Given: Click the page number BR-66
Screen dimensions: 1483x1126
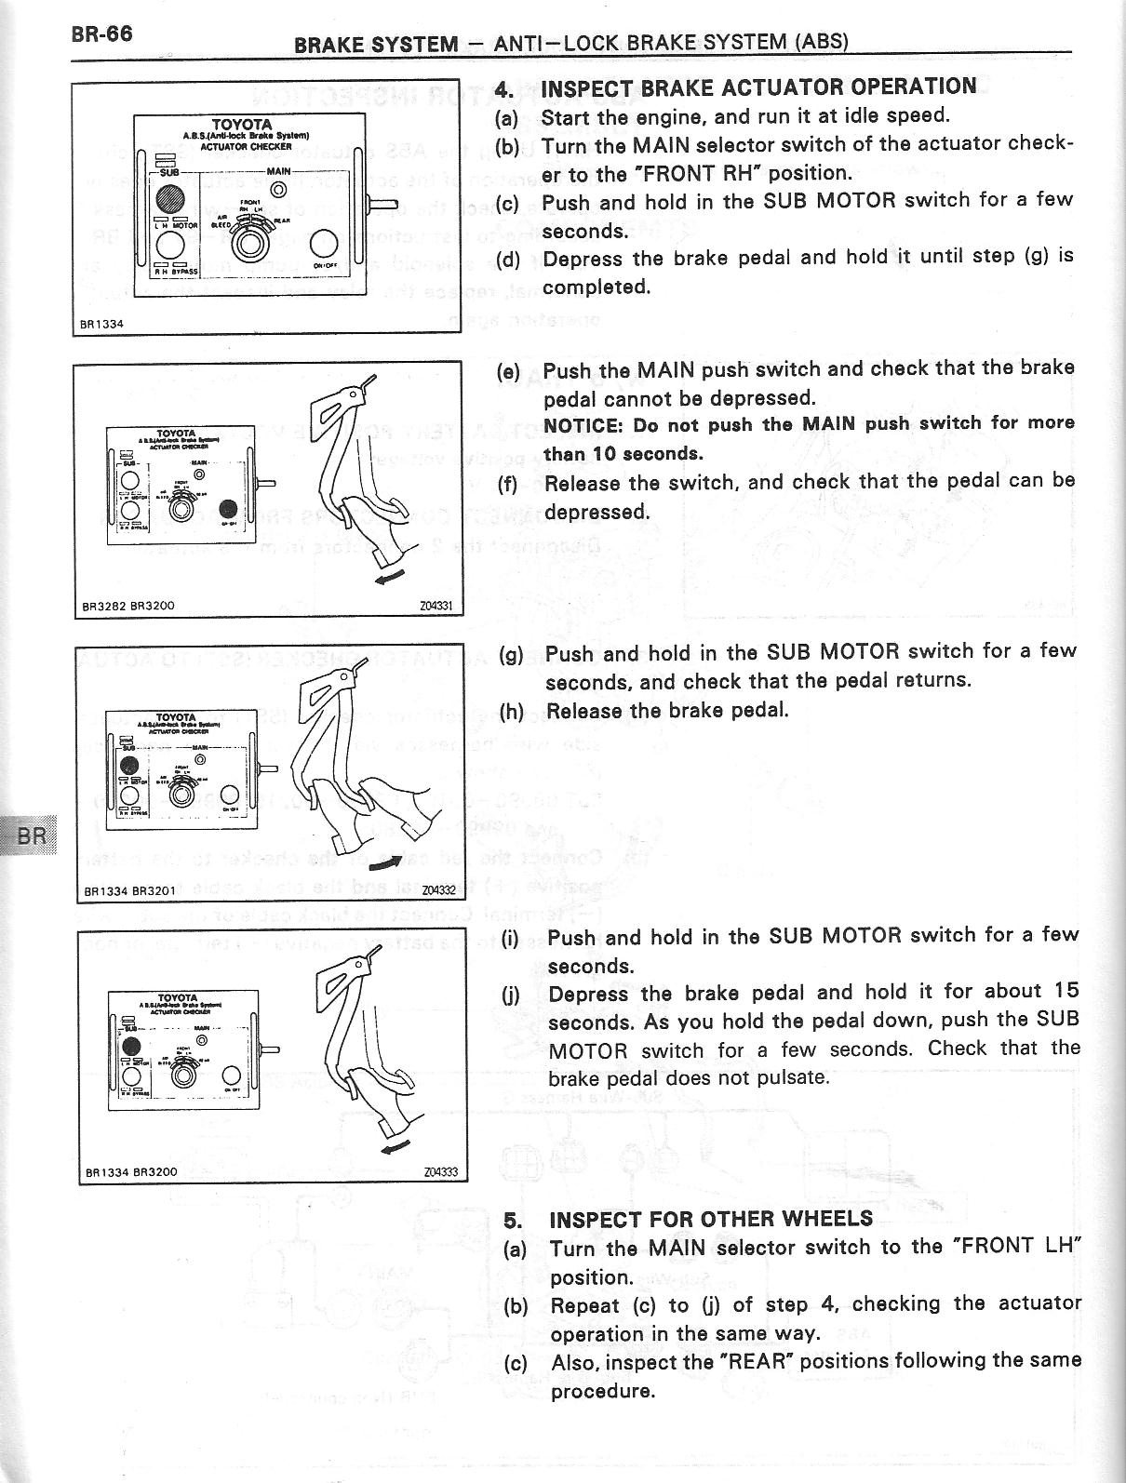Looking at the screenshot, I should pyautogui.click(x=101, y=34).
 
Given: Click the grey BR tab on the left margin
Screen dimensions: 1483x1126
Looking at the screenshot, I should pyautogui.click(x=31, y=835).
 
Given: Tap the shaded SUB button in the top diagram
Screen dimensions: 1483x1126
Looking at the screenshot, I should pyautogui.click(x=171, y=199).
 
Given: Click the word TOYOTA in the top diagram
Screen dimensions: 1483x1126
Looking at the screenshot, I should pyautogui.click(x=241, y=125).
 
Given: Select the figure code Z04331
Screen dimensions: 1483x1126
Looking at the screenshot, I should pyautogui.click(x=436, y=606).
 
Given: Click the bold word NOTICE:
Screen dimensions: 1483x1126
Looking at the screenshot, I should pyautogui.click(x=582, y=425).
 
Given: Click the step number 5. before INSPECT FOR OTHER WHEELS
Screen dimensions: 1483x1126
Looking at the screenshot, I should pyautogui.click(x=513, y=1220).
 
